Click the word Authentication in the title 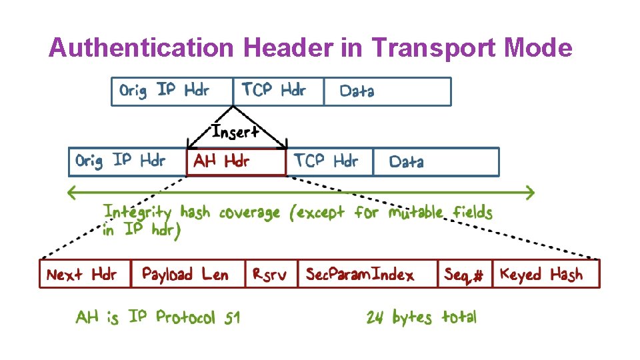141,48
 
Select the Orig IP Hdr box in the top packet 172,91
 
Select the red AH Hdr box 236,162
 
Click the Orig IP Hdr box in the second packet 127,162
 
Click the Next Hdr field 85,274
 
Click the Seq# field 465,274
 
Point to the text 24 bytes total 421,317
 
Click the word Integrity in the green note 139,213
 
